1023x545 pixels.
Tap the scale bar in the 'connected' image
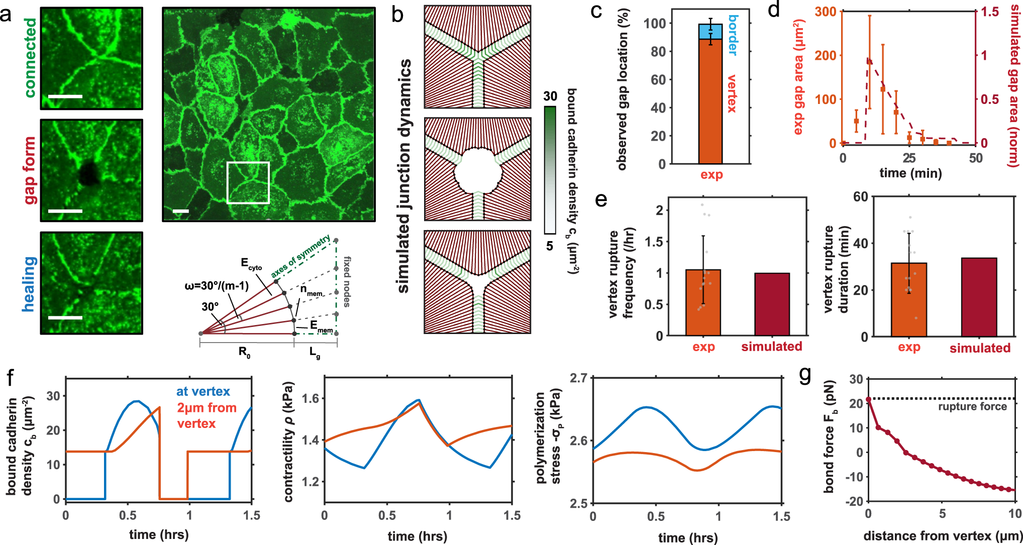[x=65, y=96]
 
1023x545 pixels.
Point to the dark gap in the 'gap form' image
[x=89, y=173]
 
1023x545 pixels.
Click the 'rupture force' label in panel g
[x=972, y=407]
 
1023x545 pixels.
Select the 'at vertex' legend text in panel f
[x=203, y=392]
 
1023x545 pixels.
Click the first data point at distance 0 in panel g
[x=868, y=400]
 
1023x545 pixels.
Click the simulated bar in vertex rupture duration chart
[x=979, y=297]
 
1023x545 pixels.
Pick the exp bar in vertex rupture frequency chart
[x=703, y=302]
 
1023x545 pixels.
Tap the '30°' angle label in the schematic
[x=210, y=307]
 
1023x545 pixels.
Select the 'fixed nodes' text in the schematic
[x=347, y=281]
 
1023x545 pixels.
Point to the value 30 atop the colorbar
[x=550, y=96]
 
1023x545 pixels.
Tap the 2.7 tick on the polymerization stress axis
[x=578, y=378]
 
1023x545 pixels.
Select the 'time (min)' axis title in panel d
[x=910, y=174]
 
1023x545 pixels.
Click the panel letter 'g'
[x=805, y=374]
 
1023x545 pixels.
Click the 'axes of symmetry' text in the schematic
[x=300, y=256]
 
